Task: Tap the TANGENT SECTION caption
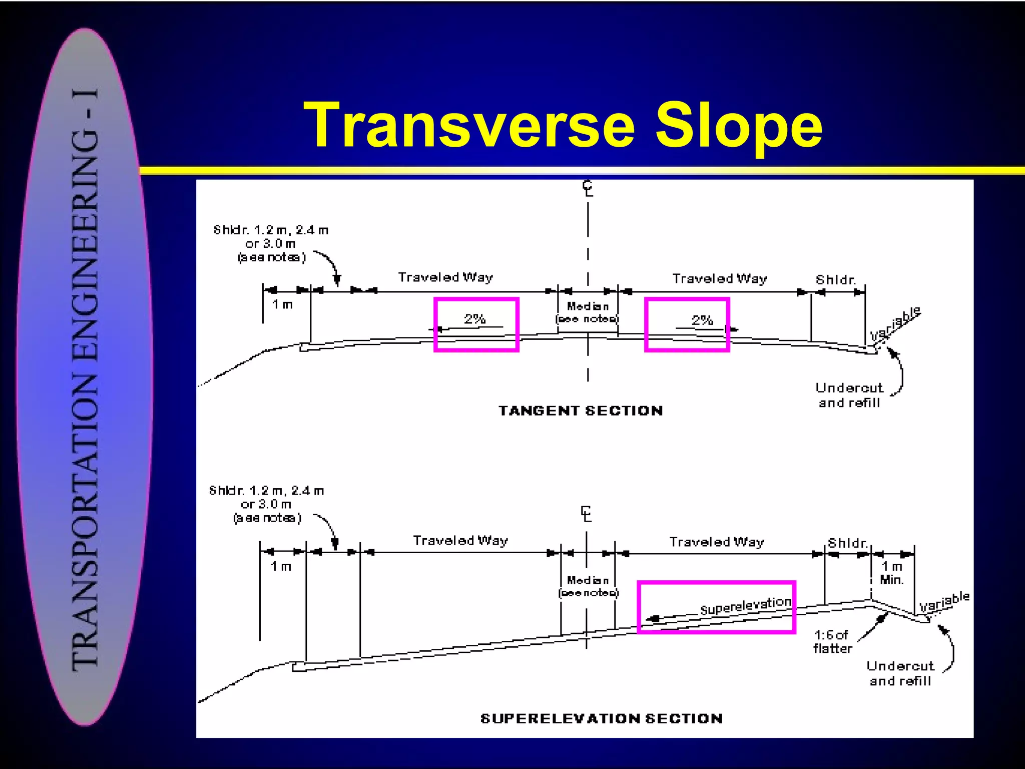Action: click(581, 411)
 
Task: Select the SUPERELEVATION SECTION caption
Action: click(601, 719)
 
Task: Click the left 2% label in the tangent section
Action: click(474, 319)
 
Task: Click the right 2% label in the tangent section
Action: click(702, 320)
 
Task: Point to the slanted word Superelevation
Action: click(745, 606)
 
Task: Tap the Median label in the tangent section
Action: click(588, 306)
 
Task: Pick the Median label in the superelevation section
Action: click(588, 580)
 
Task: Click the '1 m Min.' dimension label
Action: click(892, 573)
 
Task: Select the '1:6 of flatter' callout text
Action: click(832, 642)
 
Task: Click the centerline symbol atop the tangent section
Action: click(588, 188)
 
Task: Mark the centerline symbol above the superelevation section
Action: click(586, 514)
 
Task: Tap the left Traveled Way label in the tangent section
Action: click(445, 277)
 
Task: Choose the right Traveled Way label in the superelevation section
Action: click(717, 542)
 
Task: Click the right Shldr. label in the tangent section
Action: click(835, 280)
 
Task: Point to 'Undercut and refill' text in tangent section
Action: click(849, 395)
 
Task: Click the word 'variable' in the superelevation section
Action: click(944, 601)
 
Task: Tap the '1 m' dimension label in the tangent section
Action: click(282, 304)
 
